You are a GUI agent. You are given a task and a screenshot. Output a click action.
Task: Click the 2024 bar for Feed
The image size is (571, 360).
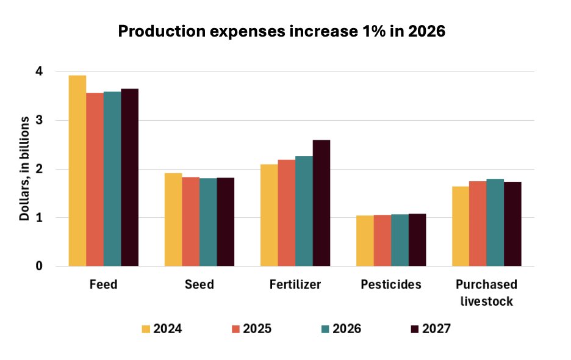(77, 171)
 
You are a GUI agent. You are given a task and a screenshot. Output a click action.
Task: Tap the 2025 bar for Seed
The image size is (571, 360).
(190, 221)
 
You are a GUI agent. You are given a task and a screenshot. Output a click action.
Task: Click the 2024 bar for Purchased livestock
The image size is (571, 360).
(461, 226)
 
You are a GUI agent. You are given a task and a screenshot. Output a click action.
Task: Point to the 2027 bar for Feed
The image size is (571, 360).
(129, 178)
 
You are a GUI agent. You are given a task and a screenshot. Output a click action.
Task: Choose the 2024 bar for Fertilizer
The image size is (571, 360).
(269, 215)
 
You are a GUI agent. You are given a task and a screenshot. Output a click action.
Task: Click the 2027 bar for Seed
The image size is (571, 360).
(225, 222)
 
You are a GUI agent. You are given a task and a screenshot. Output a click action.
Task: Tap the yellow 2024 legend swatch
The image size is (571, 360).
(146, 329)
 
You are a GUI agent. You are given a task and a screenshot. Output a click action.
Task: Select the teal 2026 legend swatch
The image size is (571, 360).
(325, 329)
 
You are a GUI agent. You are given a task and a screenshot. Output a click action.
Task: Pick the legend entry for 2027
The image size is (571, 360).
(431, 329)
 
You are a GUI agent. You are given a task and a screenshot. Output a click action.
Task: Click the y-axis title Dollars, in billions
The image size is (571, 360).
(24, 169)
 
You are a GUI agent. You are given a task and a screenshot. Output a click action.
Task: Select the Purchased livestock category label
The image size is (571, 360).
(486, 293)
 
